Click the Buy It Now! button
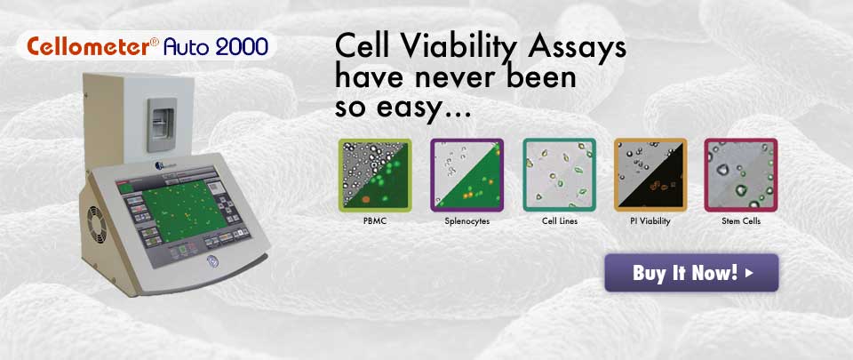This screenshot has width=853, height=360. pyautogui.click(x=691, y=273)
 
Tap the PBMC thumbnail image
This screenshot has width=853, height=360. pyautogui.click(x=375, y=175)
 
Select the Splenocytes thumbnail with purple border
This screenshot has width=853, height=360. pyautogui.click(x=466, y=175)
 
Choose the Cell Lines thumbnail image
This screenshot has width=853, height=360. pyautogui.click(x=559, y=175)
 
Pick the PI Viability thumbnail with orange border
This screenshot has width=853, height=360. pyautogui.click(x=650, y=175)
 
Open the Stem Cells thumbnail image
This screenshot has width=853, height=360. pyautogui.click(x=741, y=175)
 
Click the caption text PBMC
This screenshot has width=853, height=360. pyautogui.click(x=375, y=221)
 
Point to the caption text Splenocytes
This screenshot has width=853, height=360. pyautogui.click(x=466, y=222)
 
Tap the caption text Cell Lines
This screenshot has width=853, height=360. pyautogui.click(x=560, y=221)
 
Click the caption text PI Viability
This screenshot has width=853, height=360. pyautogui.click(x=650, y=221)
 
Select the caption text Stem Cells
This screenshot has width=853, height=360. pyautogui.click(x=741, y=221)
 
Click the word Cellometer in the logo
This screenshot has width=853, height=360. pyautogui.click(x=88, y=47)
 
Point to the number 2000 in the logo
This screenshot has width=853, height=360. pyautogui.click(x=242, y=47)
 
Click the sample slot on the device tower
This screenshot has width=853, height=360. pyautogui.click(x=162, y=124)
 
